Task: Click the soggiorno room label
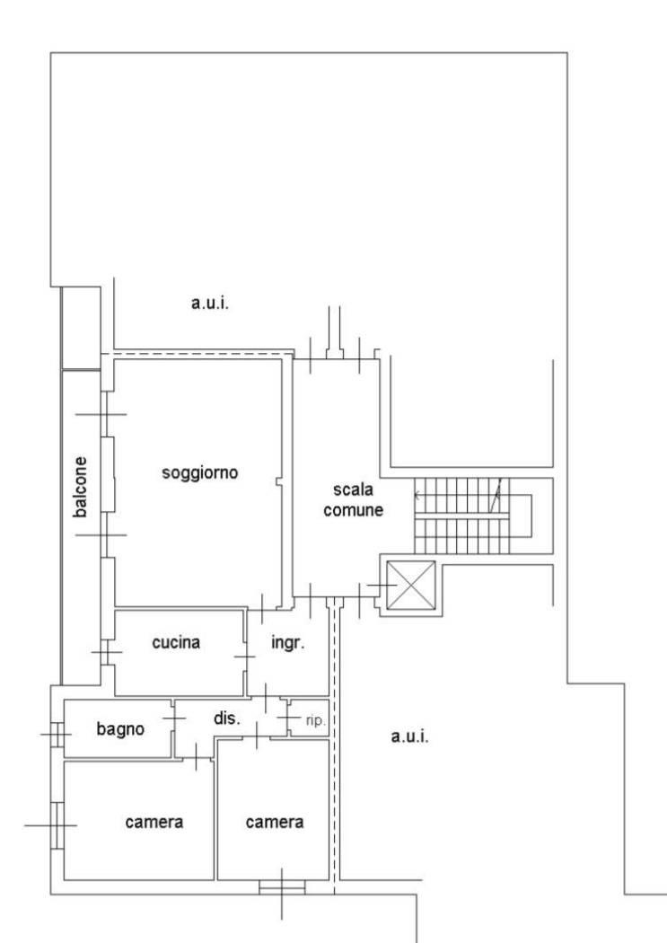pos(199,473)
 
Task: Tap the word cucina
pos(175,642)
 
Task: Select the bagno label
pos(120,729)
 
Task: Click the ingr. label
pos(288,643)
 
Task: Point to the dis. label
pos(227,718)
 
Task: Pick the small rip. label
pos(315,720)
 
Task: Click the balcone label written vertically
pos(80,487)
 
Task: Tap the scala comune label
pos(354,499)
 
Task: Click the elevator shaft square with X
pos(410,586)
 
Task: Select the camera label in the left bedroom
pos(154,822)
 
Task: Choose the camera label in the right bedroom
pos(274,822)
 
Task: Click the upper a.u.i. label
pos(210,304)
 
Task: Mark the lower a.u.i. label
pos(410,736)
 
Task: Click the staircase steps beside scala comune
pos(461,516)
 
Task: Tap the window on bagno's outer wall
pos(57,735)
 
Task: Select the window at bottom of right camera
pos(282,887)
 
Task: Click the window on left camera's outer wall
pos(57,825)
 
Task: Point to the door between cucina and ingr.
pos(245,657)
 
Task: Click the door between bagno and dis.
pos(173,718)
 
